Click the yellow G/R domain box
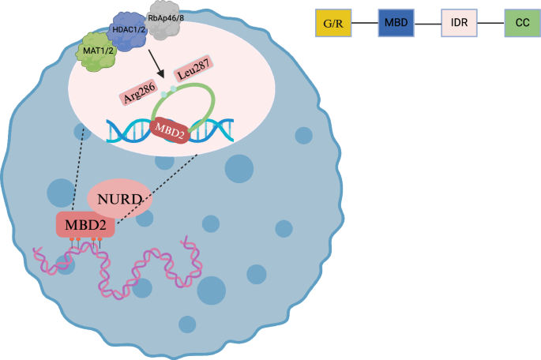[x=332, y=24]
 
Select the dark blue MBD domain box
[x=396, y=24]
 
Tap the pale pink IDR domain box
[x=459, y=24]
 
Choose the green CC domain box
[x=522, y=24]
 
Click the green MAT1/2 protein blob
[x=102, y=52]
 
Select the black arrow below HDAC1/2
[x=161, y=70]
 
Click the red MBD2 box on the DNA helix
[x=169, y=129]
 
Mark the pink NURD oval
[x=118, y=197]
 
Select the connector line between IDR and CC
[x=490, y=24]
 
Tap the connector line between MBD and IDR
[x=427, y=24]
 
